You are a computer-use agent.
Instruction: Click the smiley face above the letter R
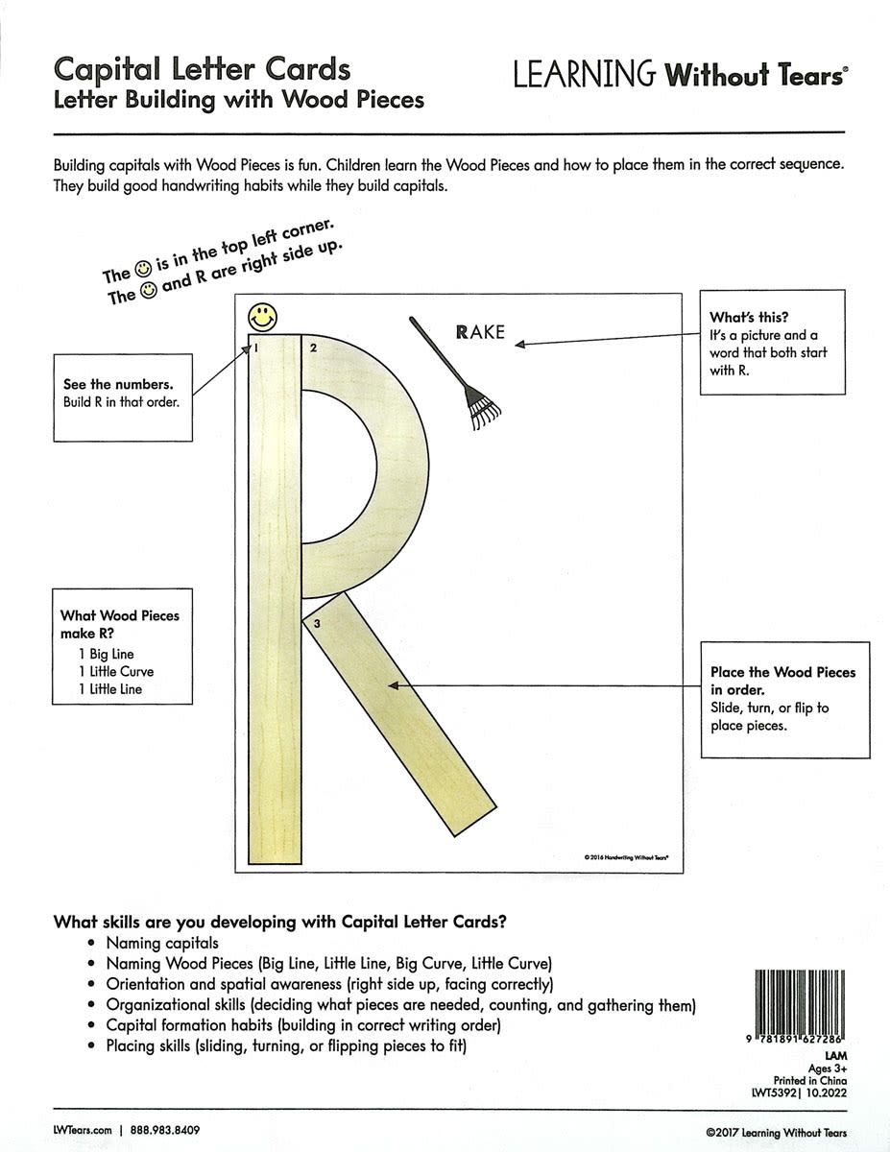coord(259,315)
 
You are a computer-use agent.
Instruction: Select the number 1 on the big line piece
coord(255,348)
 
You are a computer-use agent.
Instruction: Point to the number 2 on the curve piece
coord(313,348)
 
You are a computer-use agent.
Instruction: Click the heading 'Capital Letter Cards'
coord(202,69)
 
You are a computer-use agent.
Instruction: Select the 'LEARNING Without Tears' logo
coord(679,76)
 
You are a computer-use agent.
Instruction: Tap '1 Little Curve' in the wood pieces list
coord(116,672)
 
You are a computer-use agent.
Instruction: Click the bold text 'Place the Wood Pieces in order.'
coord(782,681)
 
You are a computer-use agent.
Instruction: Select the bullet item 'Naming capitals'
coord(162,944)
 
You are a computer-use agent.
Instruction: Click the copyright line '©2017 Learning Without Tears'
coord(775,1133)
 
